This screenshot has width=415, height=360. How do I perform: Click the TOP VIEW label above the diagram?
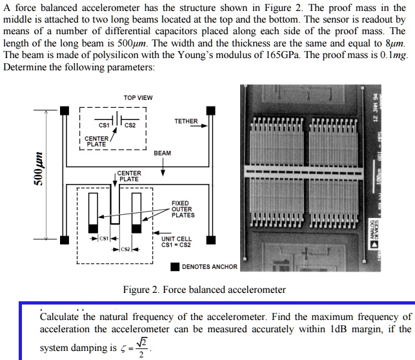click(138, 97)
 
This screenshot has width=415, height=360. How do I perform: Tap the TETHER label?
click(186, 121)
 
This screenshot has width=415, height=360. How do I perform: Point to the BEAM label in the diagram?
click(163, 153)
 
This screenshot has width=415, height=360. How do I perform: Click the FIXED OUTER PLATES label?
click(183, 209)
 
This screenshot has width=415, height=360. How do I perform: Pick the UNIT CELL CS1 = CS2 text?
click(176, 241)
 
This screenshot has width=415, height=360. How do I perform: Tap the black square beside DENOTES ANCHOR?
click(175, 267)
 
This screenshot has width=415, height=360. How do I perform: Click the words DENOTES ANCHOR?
click(210, 267)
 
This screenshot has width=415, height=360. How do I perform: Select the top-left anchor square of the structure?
click(64, 112)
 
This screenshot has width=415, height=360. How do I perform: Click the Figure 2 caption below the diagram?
click(204, 290)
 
